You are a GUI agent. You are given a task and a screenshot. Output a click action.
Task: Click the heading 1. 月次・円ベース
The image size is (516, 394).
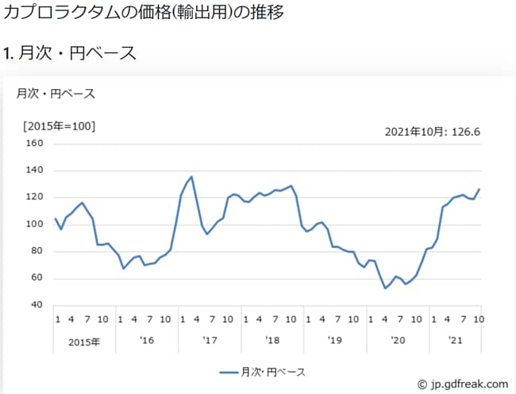click(70, 53)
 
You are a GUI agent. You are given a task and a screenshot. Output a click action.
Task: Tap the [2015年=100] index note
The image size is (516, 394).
click(58, 126)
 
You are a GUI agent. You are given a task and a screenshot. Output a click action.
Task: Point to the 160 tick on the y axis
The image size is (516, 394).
click(33, 144)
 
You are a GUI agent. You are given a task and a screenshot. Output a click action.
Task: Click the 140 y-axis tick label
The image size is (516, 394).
click(33, 171)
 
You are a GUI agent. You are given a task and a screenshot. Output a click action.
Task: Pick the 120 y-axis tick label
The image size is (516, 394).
click(33, 198)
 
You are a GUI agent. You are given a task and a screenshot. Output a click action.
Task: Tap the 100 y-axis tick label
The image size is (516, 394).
click(33, 225)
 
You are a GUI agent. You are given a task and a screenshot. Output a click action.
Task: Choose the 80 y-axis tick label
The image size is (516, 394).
click(36, 252)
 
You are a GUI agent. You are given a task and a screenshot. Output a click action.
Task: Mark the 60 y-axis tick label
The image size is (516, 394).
click(36, 279)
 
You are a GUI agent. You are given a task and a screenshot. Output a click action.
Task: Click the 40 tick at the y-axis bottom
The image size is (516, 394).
click(36, 306)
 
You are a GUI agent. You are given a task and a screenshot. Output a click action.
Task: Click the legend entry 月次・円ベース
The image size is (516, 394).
click(262, 372)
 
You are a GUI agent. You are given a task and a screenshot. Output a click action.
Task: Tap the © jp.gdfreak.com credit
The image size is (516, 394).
click(462, 383)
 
